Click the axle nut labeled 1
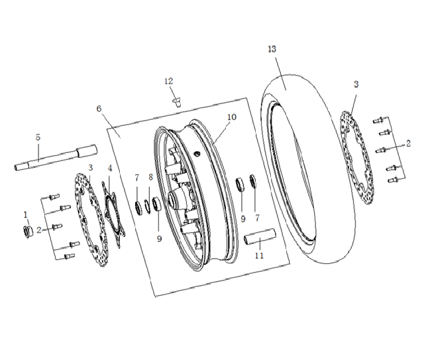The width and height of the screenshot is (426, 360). (28, 231)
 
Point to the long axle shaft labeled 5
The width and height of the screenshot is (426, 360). (56, 157)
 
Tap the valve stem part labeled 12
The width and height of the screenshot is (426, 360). (177, 102)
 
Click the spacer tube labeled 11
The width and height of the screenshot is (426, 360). (260, 237)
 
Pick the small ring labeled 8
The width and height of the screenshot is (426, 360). (147, 207)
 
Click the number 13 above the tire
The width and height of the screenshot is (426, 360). (272, 49)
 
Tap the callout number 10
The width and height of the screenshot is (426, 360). (232, 117)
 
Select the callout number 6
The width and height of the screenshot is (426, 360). (99, 109)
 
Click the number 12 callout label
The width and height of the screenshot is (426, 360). (169, 81)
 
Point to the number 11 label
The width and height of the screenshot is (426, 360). (259, 256)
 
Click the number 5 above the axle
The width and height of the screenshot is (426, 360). (38, 137)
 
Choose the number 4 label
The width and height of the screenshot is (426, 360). (110, 168)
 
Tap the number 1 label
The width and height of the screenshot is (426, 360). (26, 215)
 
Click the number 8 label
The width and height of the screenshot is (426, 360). (151, 177)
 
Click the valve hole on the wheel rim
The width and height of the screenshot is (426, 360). (197, 154)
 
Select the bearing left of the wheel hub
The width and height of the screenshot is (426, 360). (157, 204)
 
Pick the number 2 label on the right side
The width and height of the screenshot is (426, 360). (408, 143)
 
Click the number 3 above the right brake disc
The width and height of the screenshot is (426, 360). (356, 84)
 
